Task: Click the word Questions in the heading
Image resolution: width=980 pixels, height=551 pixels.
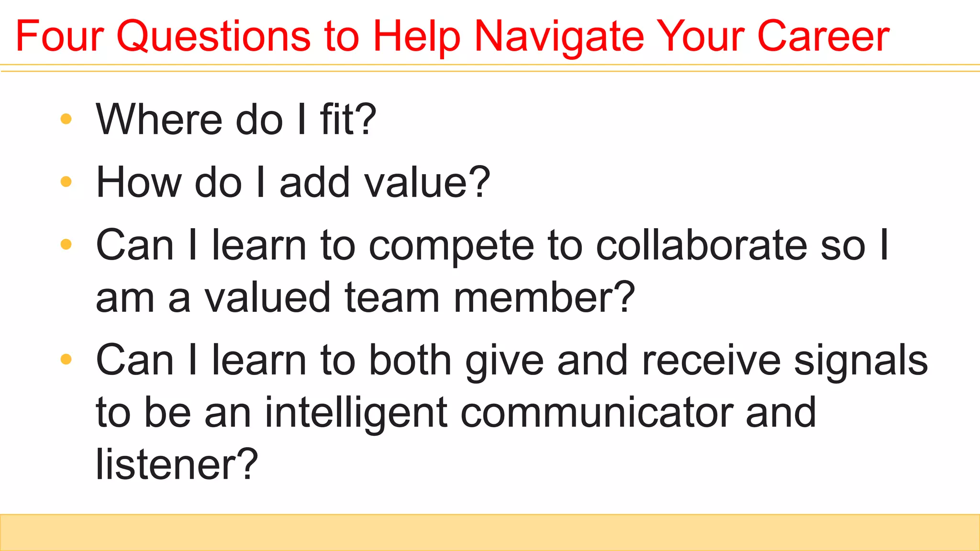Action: pos(213,37)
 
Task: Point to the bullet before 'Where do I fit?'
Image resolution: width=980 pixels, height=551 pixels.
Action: pos(66,119)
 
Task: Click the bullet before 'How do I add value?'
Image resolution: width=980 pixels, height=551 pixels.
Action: pos(66,182)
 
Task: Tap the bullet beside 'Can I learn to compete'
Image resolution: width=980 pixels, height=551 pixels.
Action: pos(66,245)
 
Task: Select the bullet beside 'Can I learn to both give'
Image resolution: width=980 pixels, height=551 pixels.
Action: pos(66,359)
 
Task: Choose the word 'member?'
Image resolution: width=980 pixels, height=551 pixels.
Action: pos(544,298)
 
